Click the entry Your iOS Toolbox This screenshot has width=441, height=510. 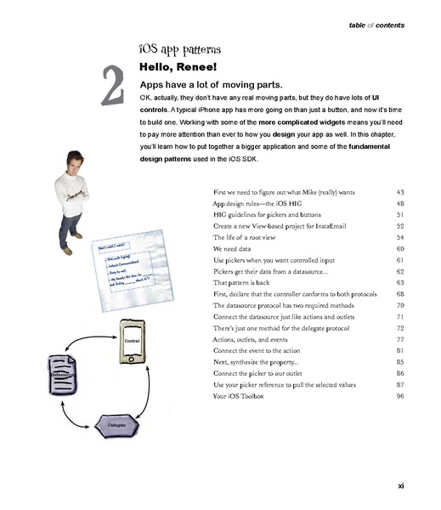pos(242,396)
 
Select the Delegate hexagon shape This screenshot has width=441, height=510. pos(116,422)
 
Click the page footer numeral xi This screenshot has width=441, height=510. pos(400,485)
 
